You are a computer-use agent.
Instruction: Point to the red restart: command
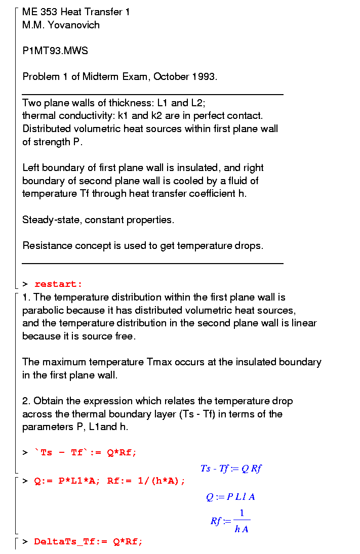(x=58, y=284)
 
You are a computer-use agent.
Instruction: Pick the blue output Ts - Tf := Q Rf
(x=231, y=468)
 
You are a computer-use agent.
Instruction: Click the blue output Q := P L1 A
(x=231, y=497)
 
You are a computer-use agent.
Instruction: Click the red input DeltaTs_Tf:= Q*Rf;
(x=89, y=542)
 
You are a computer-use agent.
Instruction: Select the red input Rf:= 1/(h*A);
(x=146, y=481)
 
